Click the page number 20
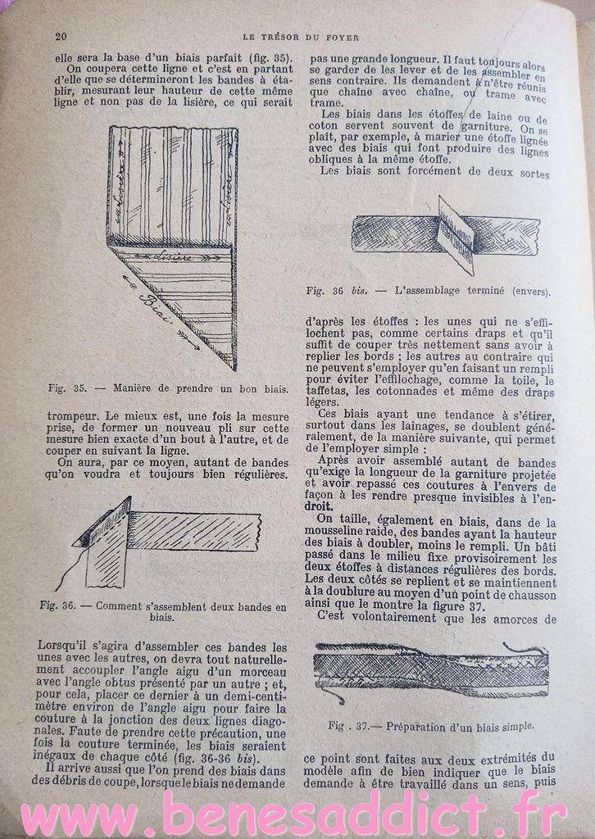click(60, 34)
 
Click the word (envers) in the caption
click(531, 291)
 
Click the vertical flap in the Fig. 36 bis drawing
click(456, 234)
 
